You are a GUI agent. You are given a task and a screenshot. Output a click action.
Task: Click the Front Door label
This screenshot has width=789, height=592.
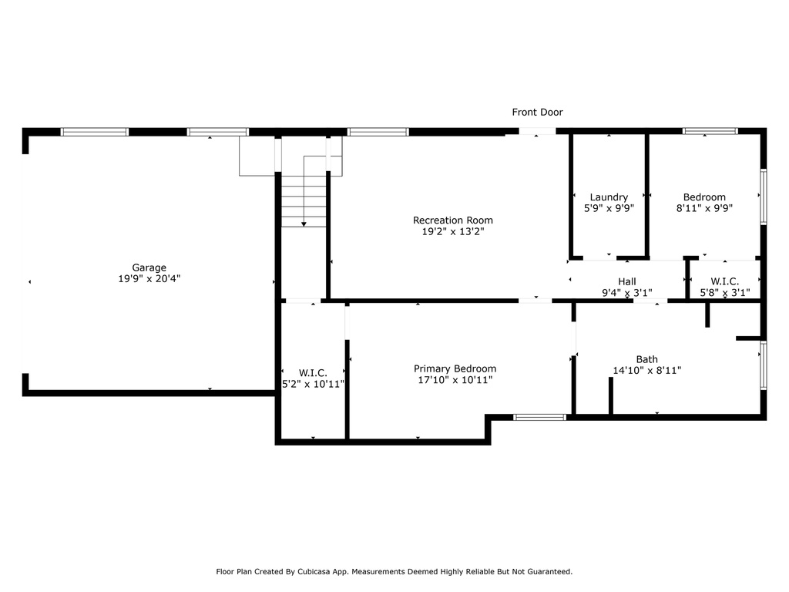[537, 113]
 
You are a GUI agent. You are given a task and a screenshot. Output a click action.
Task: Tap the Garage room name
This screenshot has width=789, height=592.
[149, 267]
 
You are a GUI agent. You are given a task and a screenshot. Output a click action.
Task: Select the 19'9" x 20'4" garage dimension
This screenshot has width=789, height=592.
[149, 279]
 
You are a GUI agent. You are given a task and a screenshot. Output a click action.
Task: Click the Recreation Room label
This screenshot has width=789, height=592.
[453, 220]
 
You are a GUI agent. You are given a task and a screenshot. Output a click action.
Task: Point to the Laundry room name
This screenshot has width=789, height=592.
[609, 197]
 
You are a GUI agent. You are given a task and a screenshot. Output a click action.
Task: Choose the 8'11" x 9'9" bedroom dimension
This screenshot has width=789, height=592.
[704, 208]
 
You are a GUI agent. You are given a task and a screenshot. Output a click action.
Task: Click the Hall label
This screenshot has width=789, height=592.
[627, 282]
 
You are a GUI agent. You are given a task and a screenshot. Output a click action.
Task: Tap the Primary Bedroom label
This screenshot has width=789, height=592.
[455, 369]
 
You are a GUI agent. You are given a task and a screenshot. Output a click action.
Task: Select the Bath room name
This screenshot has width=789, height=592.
[647, 359]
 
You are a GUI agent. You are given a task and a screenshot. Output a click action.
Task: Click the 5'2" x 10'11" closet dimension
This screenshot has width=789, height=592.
[313, 384]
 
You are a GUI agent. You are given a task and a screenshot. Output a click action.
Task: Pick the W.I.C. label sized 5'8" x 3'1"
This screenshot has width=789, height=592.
[724, 282]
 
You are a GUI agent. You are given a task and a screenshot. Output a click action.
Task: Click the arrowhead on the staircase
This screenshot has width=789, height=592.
[304, 224]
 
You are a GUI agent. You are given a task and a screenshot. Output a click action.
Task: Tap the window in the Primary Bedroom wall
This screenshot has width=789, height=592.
[539, 417]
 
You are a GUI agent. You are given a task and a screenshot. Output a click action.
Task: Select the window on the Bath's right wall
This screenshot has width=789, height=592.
[764, 365]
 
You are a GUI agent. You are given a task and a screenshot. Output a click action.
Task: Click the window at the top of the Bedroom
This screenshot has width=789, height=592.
[710, 131]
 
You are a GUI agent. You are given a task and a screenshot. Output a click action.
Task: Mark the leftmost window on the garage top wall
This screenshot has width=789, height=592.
[94, 132]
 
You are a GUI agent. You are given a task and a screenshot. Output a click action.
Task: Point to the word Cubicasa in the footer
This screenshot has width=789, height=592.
[314, 572]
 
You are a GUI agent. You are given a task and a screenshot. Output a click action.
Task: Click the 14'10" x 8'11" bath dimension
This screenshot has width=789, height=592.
[647, 371]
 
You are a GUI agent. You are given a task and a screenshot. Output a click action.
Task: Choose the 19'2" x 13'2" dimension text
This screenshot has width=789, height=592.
[453, 231]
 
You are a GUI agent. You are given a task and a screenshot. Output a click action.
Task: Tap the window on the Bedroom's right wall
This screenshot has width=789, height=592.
[764, 197]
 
